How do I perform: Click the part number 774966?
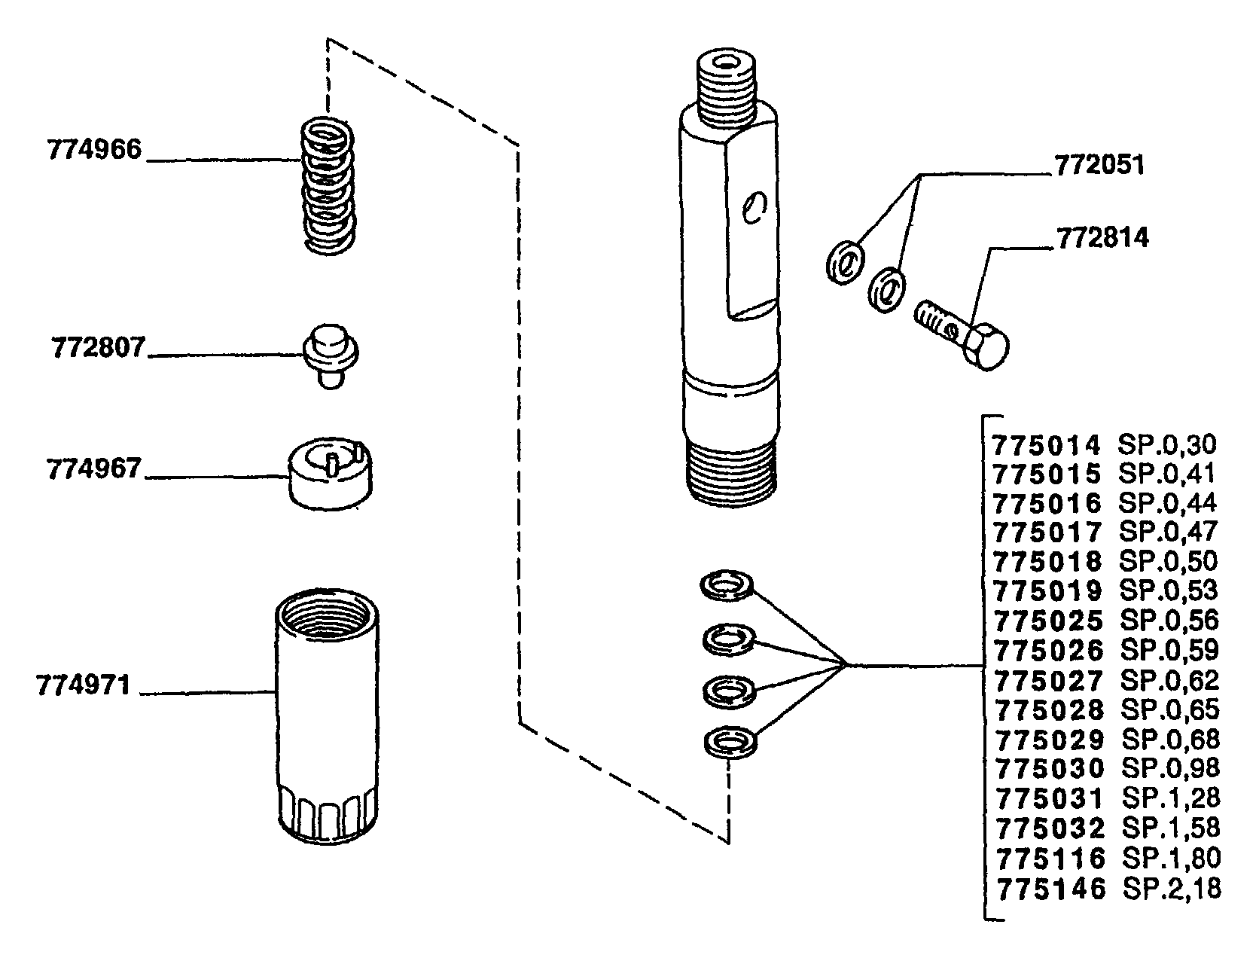point(94,150)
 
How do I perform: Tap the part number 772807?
point(98,348)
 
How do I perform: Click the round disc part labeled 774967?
point(330,474)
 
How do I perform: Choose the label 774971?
point(83,685)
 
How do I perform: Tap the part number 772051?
point(1099,165)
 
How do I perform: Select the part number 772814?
point(1103,237)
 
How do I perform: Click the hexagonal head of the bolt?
point(986,346)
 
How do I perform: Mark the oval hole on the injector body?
point(754,208)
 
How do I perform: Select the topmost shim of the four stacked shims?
point(727,586)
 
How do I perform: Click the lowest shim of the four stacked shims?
point(730,743)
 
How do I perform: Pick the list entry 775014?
point(1047,444)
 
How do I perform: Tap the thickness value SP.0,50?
point(1169,561)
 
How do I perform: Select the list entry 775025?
point(1048,620)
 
